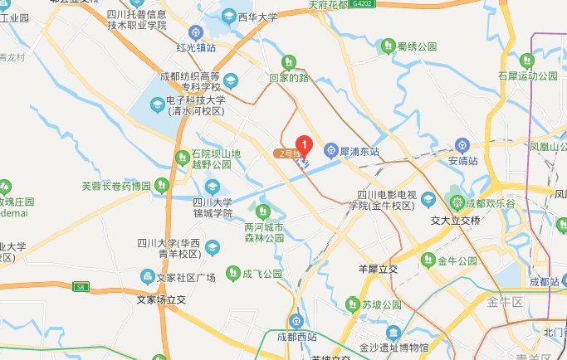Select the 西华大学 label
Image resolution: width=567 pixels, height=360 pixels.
[x=257, y=15]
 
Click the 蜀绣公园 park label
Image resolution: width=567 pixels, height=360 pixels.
[x=416, y=46]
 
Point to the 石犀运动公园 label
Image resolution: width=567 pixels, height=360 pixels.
[x=527, y=76]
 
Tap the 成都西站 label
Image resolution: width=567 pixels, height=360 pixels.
[x=297, y=337]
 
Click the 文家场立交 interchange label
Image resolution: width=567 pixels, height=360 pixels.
[x=163, y=299]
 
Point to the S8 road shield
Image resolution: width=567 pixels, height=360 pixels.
[x=80, y=288]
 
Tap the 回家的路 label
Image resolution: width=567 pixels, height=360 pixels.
[x=288, y=77]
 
